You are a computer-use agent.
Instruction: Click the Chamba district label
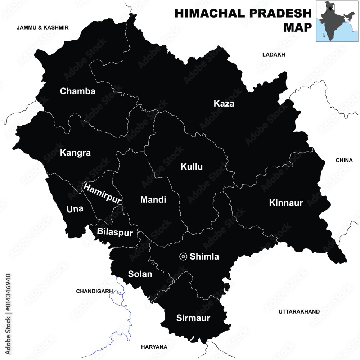pos(78,91)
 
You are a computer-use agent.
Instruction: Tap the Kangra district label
pos(75,153)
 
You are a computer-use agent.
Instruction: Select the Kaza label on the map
pos(224,104)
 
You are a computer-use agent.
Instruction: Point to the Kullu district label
pos(192,167)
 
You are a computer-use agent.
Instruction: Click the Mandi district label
pos(153,199)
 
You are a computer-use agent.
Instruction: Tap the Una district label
pos(75,209)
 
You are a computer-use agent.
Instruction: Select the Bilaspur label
pos(112,231)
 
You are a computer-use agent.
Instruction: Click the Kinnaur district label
pos(286,203)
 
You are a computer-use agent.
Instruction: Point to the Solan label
pos(140,274)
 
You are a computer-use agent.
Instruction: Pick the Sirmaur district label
pos(193,318)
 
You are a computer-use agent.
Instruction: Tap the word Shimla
pos(204,257)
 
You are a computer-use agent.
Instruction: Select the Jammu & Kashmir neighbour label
pos(42,27)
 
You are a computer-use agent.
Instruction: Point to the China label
pos(344,160)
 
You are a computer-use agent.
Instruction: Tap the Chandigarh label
pos(95,291)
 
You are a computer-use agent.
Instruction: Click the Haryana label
pos(154,347)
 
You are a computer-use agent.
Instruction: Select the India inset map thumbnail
pos(337,21)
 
